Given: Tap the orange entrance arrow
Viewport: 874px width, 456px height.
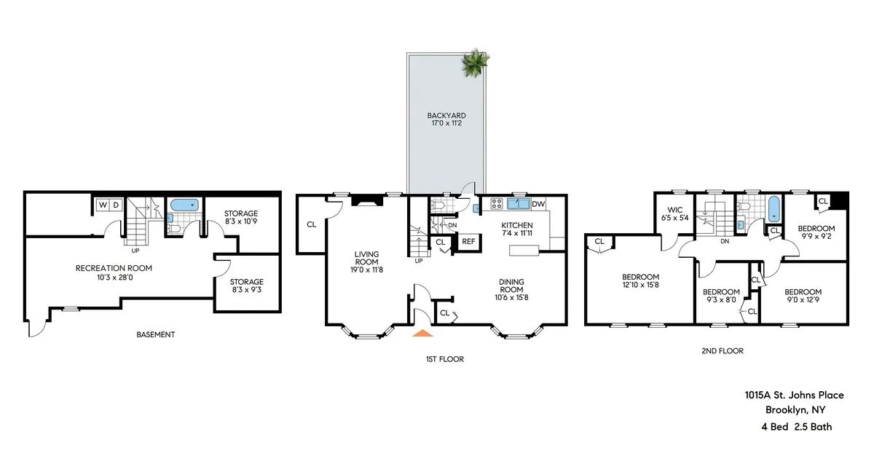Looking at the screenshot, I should click(x=423, y=333).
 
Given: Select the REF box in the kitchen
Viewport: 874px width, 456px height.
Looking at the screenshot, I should click(x=468, y=242).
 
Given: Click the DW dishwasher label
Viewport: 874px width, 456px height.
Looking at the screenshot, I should click(x=539, y=205).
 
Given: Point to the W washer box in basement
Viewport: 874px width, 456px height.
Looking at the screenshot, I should click(x=102, y=205).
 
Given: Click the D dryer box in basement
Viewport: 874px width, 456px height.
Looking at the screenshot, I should click(x=115, y=205).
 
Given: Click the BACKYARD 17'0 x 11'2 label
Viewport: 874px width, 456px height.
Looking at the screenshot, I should click(x=446, y=119).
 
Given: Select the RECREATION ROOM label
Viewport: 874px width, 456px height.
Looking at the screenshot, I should click(x=114, y=272).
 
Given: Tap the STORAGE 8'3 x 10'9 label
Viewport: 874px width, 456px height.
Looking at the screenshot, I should click(x=240, y=218).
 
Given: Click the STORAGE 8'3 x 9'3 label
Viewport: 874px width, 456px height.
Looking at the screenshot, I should click(x=247, y=286).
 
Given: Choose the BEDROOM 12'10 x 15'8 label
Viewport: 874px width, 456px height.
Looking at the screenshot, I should click(x=640, y=281).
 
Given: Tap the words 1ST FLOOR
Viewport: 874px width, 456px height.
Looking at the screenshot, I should click(x=445, y=359).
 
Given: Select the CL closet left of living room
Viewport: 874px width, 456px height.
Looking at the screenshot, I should click(x=312, y=224).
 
